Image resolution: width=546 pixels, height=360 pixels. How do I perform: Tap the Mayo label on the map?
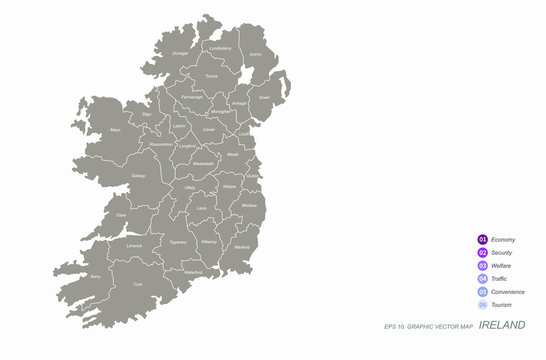pos(115,130)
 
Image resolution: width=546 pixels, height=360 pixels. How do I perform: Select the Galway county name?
pos(138,176)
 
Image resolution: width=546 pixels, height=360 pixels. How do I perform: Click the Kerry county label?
pos(96,275)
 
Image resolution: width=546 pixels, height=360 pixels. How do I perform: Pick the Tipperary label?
pos(178,241)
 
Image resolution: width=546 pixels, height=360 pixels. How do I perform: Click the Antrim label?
pos(256,54)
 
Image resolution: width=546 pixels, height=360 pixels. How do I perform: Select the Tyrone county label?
pos(211,76)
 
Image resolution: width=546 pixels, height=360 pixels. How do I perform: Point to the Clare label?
pos(122,214)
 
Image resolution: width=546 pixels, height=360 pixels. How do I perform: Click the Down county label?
pos(264,98)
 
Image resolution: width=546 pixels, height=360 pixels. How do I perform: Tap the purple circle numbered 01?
pos(483,240)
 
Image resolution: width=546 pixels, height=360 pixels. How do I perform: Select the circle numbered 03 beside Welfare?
pos(483,266)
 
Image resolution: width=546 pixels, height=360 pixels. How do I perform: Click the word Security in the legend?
pos(502,253)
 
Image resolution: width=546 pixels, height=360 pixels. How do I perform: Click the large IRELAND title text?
pos(501,325)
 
